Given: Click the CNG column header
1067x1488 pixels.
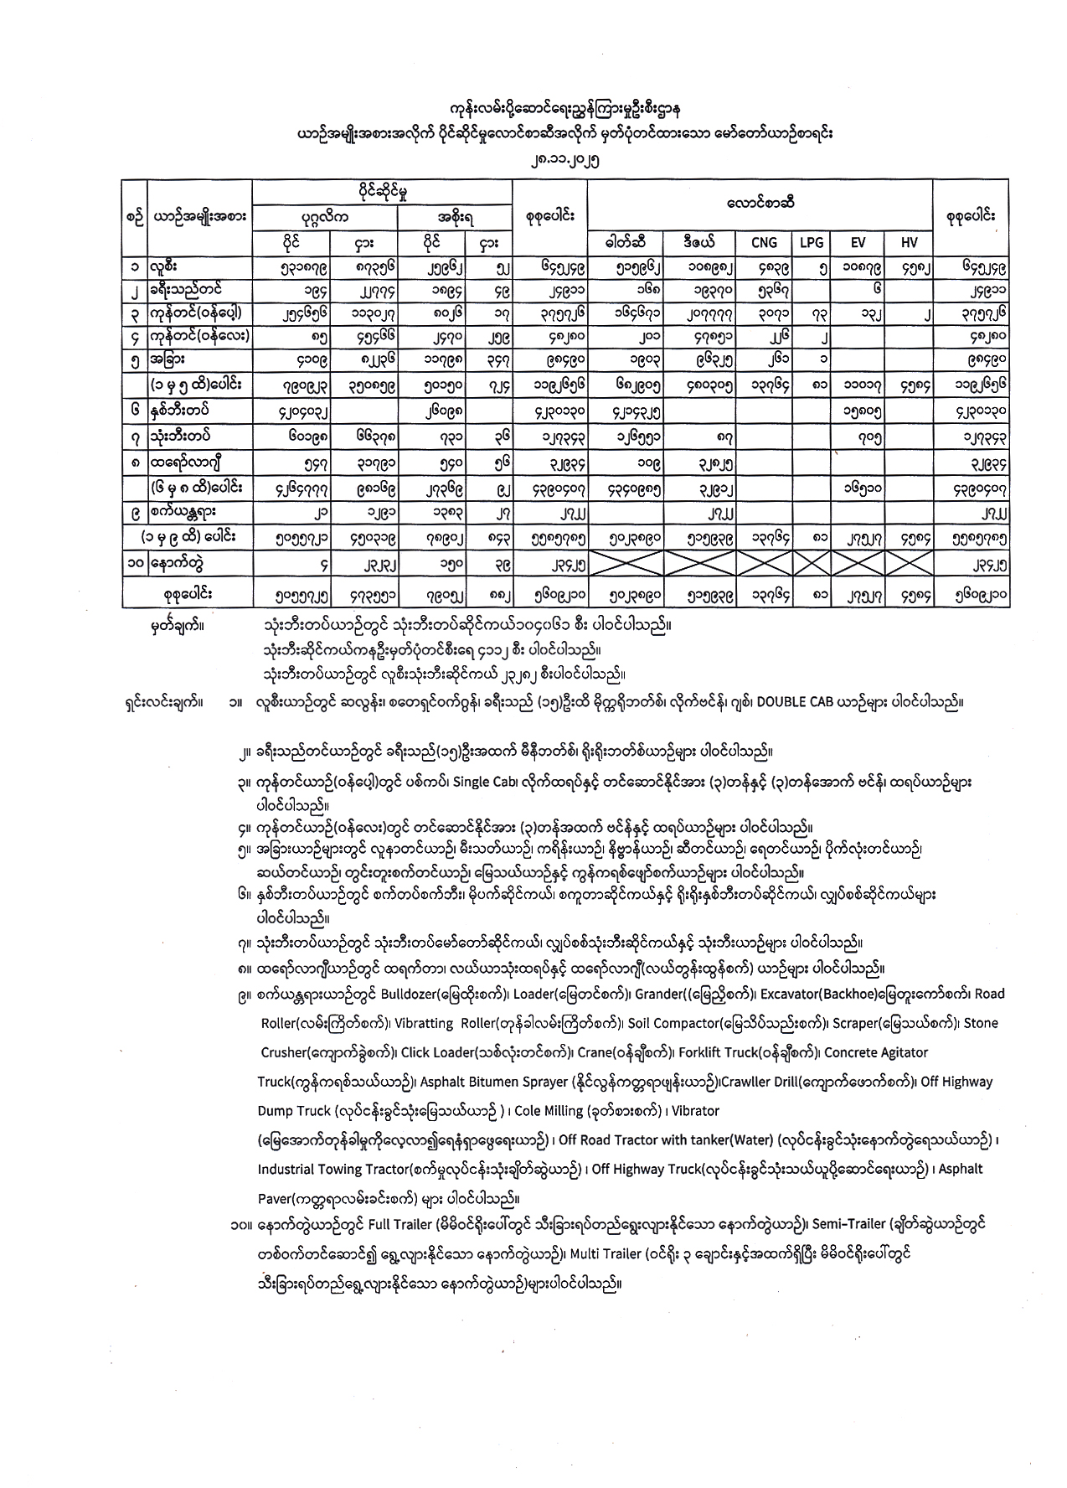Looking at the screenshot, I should [x=764, y=242].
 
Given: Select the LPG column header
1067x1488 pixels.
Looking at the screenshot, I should [x=811, y=242].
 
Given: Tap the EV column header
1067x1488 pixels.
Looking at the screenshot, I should [x=857, y=242].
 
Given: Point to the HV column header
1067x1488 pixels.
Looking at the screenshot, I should [x=910, y=242].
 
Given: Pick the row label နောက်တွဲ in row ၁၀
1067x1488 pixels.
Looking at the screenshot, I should [x=177, y=566].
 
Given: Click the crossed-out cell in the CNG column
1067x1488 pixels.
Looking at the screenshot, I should [x=764, y=566].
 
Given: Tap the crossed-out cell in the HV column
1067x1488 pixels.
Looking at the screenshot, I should [x=910, y=566].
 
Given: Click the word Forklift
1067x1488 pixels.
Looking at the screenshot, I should [x=703, y=1052].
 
